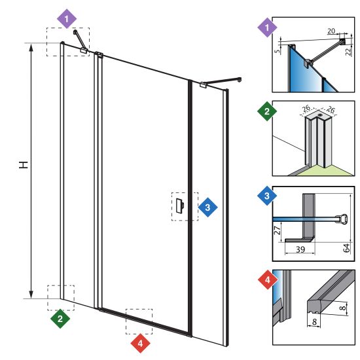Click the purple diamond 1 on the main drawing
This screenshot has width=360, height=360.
(x=67, y=18)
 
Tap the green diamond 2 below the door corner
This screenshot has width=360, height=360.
(x=60, y=319)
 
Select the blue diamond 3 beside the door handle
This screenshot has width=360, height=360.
(x=207, y=207)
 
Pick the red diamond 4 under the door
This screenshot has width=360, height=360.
(x=140, y=344)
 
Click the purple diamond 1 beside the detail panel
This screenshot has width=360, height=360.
(x=267, y=27)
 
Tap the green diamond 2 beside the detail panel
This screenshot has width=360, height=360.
(x=267, y=111)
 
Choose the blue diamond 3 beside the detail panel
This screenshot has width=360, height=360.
(x=267, y=196)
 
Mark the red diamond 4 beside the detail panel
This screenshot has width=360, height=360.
(x=268, y=279)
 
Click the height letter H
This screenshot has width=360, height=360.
(x=24, y=164)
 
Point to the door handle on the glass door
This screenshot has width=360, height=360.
(x=179, y=206)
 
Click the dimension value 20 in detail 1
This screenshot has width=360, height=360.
(x=331, y=31)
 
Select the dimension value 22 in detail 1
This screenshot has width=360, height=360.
(x=349, y=52)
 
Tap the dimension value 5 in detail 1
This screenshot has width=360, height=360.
(x=278, y=50)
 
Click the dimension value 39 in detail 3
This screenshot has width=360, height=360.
(x=300, y=249)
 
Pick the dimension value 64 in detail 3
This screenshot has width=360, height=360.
(x=346, y=248)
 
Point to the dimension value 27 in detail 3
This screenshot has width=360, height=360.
(x=278, y=230)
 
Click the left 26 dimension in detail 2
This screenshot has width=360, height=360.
(x=306, y=108)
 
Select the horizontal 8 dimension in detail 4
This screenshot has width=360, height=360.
(x=315, y=322)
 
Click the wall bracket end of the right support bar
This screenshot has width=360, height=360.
(x=239, y=80)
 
